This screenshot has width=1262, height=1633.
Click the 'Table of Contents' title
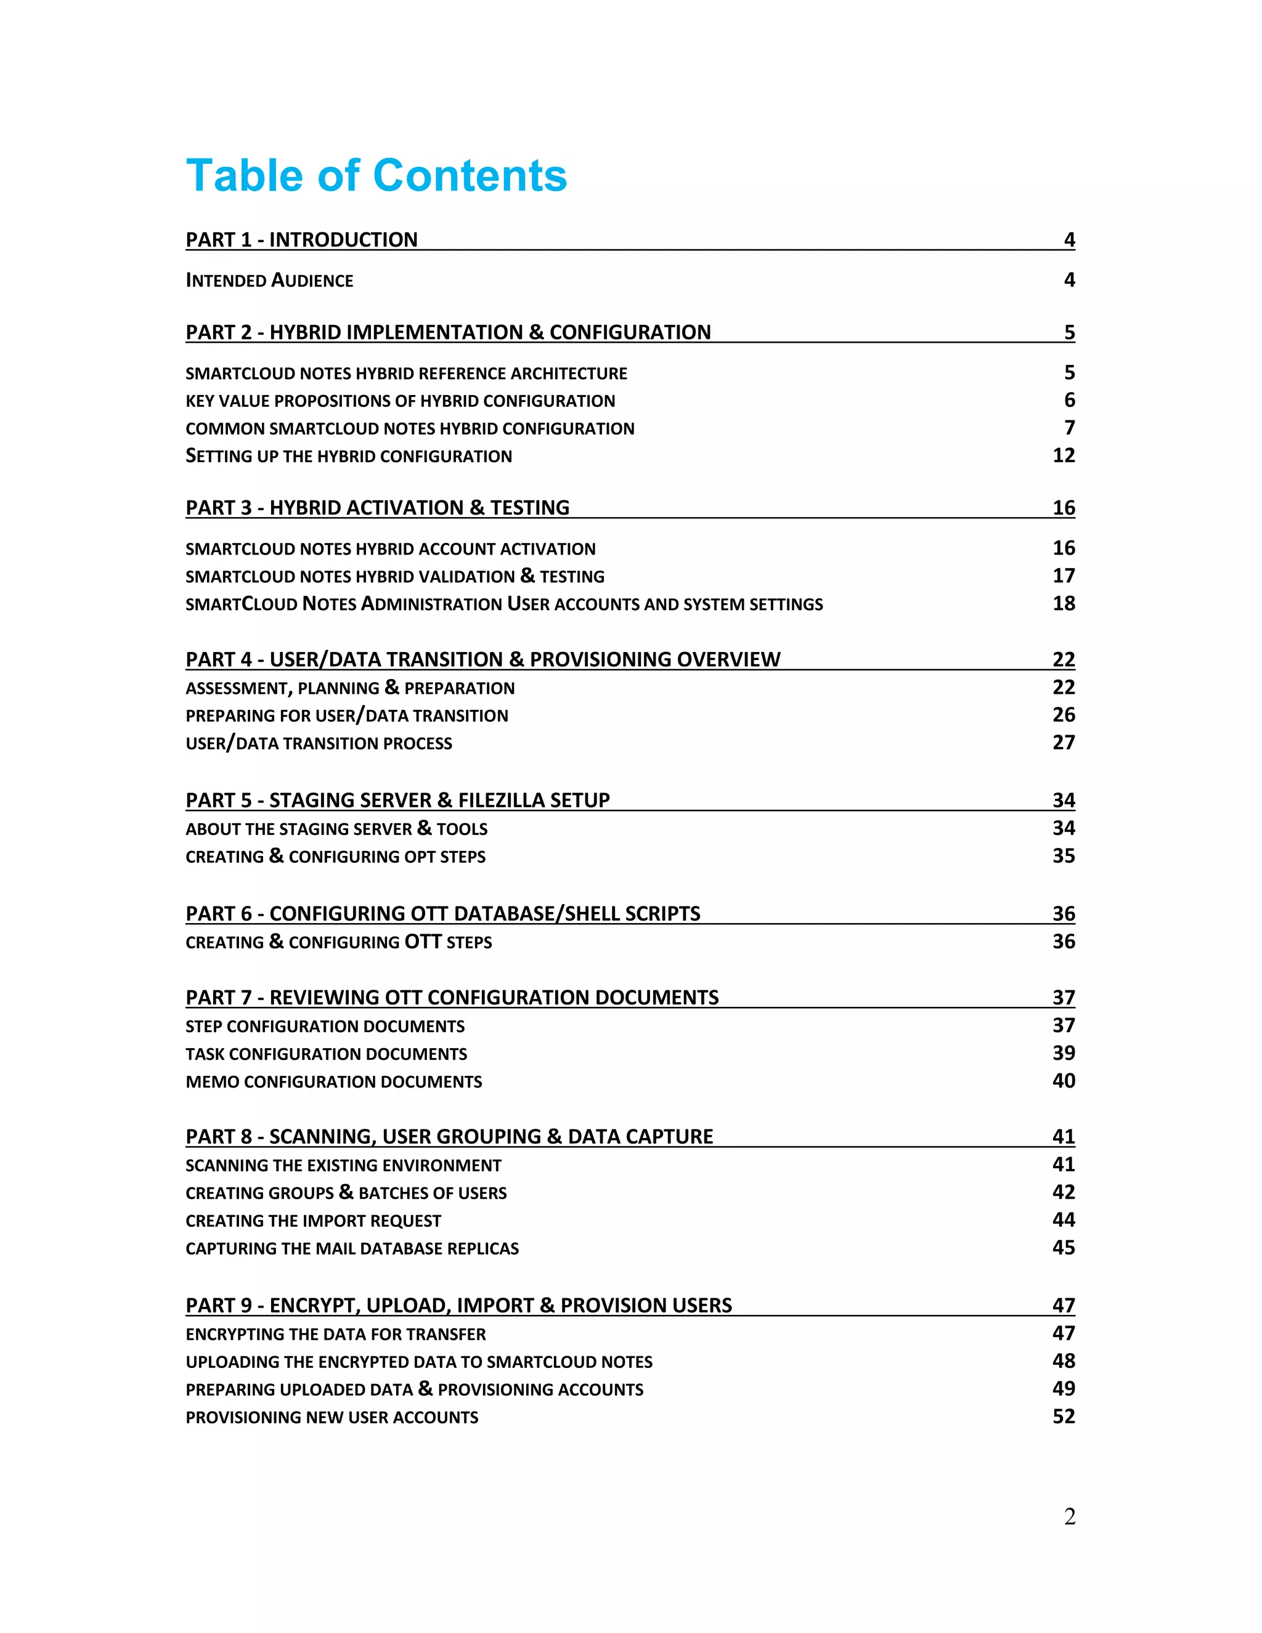(x=376, y=176)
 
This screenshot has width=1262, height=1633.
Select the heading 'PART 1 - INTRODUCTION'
(x=301, y=239)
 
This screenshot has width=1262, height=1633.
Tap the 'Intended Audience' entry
(x=269, y=280)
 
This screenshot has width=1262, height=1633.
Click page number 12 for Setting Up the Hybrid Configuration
(x=1063, y=455)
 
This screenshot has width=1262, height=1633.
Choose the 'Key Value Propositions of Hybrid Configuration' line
(x=400, y=401)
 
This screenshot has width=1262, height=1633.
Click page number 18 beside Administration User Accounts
(x=1063, y=603)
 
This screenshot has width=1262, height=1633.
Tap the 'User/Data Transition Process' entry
(x=319, y=743)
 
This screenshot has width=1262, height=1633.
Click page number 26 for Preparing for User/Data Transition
(x=1063, y=715)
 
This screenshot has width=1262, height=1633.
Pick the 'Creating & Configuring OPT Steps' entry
(x=335, y=856)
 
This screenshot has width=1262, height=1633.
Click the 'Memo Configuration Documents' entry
(x=333, y=1081)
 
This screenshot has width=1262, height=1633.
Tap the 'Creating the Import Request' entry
(x=312, y=1220)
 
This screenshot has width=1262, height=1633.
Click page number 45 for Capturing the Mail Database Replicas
(x=1063, y=1247)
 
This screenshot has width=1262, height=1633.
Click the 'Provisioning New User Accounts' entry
(x=332, y=1417)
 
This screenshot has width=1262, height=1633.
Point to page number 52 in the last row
(x=1063, y=1416)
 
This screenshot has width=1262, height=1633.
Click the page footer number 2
(x=1069, y=1517)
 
